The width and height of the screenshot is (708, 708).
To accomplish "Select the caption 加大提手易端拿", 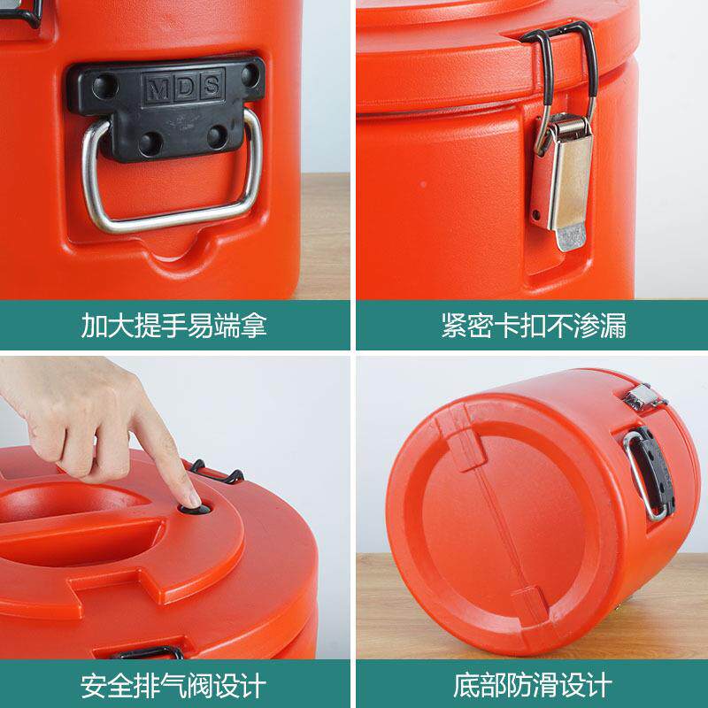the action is pyautogui.click(x=173, y=325).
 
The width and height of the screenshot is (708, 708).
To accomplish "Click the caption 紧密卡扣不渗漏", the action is pyautogui.click(x=534, y=325).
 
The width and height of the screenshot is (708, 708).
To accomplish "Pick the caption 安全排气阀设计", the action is pyautogui.click(x=173, y=685).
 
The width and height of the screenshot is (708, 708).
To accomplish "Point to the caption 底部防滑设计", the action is pyautogui.click(x=533, y=685).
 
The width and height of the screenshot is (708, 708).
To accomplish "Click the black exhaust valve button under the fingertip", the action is pyautogui.click(x=195, y=510).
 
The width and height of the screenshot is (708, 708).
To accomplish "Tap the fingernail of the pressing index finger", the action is pyautogui.click(x=194, y=499).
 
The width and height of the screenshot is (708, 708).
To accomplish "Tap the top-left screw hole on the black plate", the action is pyautogui.click(x=104, y=86).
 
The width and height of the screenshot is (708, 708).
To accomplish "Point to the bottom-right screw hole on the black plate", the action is pyautogui.click(x=218, y=136).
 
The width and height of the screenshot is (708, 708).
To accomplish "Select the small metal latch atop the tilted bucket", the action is pyautogui.click(x=644, y=397).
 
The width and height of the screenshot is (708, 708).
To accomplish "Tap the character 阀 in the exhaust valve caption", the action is pyautogui.click(x=200, y=685).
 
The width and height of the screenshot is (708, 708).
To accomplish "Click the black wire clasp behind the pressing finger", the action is pyautogui.click(x=218, y=472).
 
